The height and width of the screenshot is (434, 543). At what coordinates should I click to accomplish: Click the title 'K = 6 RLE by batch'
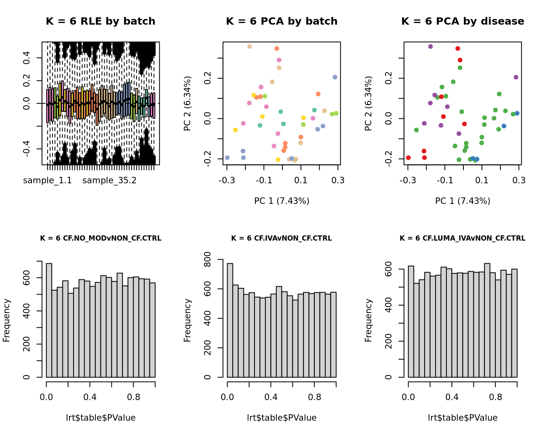tap(100, 21)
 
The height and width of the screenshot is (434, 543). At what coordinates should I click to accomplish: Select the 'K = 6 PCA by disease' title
tap(463, 21)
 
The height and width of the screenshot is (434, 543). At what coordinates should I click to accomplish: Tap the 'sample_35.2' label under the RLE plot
tap(109, 180)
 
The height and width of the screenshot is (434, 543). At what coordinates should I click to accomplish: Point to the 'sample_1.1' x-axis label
tap(47, 180)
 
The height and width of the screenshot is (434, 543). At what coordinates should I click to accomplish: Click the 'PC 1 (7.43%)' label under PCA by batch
tap(282, 201)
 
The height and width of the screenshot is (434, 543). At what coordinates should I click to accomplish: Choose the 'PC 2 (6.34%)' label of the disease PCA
tap(368, 103)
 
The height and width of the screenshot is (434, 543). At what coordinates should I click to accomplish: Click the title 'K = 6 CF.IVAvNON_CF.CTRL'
tap(282, 238)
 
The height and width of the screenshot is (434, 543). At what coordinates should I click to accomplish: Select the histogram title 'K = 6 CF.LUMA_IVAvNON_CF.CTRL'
tap(463, 238)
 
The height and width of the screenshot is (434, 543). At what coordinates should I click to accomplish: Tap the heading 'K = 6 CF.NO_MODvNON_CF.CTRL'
tap(101, 238)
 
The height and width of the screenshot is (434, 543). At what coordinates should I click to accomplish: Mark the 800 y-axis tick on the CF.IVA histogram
tap(218, 260)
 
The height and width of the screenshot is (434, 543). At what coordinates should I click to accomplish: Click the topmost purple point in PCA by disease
tap(430, 47)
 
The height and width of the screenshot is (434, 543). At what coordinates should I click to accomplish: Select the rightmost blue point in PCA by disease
tap(517, 113)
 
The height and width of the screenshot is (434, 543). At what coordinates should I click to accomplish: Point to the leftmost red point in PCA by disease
tap(408, 158)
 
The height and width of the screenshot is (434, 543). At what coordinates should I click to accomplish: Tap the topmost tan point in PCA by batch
tap(249, 47)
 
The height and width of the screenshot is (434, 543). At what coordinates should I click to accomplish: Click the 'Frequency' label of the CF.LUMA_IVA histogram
tap(368, 320)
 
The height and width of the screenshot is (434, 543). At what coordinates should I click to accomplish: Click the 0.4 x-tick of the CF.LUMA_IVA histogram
tap(452, 397)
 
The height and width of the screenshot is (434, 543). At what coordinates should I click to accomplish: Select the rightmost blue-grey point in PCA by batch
tap(335, 77)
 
